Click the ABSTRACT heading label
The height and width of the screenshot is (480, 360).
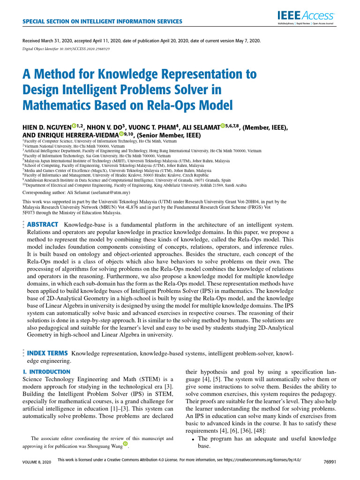point(43,225)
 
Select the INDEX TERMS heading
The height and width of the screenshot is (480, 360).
point(48,352)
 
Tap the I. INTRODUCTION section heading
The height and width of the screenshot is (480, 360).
point(46,372)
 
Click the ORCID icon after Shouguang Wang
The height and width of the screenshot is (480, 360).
point(125,444)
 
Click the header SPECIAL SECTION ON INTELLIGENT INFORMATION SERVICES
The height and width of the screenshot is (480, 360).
point(102,22)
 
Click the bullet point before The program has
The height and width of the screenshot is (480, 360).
point(194,439)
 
